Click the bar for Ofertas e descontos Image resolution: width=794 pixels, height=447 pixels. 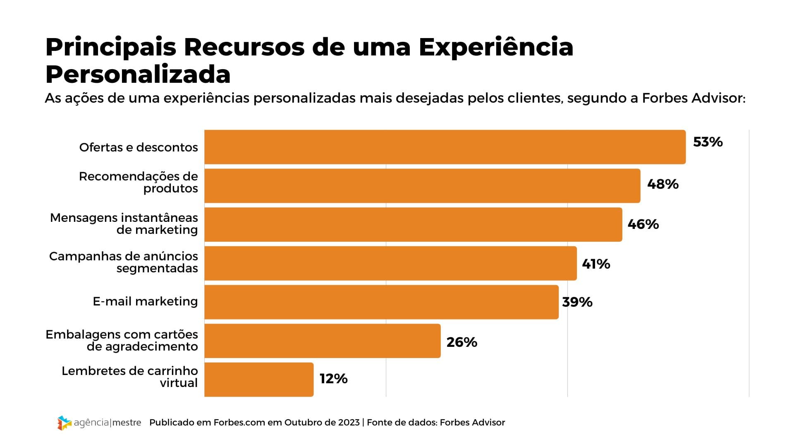(445, 147)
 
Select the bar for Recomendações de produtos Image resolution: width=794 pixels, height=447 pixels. (422, 186)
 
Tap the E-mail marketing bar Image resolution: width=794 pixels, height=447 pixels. (381, 302)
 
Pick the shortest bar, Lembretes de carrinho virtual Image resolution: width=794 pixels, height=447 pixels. (259, 380)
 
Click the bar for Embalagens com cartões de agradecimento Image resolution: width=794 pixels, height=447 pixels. (323, 341)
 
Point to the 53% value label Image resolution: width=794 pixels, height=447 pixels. (708, 142)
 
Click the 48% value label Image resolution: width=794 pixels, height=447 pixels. (662, 184)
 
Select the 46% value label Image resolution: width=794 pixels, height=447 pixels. (643, 224)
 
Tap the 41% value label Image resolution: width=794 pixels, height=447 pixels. (596, 264)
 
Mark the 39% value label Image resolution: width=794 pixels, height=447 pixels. (577, 302)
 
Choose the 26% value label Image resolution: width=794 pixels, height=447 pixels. (462, 342)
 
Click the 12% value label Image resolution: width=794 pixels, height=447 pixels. (333, 379)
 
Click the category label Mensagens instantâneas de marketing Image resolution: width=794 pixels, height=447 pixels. (124, 224)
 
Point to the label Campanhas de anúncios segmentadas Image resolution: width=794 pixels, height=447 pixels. (124, 262)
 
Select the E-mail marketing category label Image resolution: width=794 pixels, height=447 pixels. (145, 301)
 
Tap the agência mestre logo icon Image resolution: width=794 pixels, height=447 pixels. (64, 423)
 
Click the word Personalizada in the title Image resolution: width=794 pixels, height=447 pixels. (138, 74)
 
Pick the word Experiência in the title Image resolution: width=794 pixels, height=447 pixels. (496, 48)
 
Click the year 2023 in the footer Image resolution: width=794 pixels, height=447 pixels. (349, 423)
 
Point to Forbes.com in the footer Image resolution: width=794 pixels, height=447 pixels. (239, 423)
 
